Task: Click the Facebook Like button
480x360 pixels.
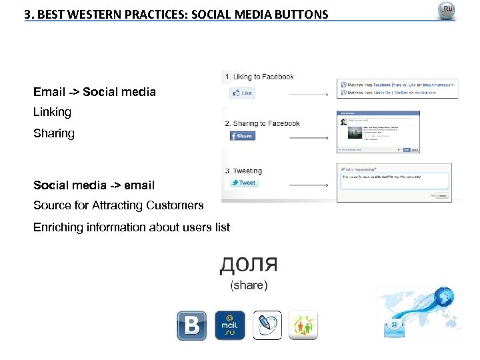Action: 241,93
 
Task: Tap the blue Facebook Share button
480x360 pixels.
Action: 242,135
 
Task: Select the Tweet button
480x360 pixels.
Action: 243,182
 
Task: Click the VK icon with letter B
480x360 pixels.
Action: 191,325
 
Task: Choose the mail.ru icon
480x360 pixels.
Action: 229,325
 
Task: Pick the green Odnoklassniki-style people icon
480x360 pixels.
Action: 303,325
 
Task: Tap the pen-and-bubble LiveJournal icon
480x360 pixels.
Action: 267,325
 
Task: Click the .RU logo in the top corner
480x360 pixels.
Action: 446,11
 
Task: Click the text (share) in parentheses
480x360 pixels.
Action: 249,285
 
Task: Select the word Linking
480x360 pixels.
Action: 52,112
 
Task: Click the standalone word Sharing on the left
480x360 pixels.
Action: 54,133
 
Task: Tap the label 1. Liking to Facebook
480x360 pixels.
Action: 259,77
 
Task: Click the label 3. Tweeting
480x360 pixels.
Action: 243,171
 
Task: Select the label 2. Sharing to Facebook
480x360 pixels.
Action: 262,123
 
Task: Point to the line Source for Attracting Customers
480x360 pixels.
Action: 118,205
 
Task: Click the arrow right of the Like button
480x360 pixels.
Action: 309,95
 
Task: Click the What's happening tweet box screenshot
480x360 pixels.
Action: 394,182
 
